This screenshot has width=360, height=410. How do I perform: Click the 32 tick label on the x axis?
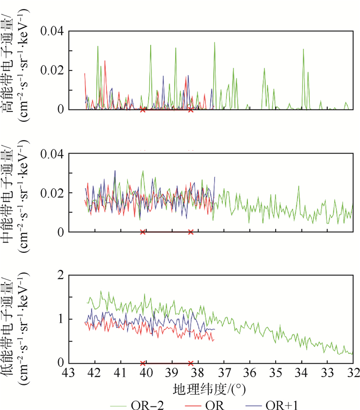[353, 371]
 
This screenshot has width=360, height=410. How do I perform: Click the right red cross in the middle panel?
[191, 232]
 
